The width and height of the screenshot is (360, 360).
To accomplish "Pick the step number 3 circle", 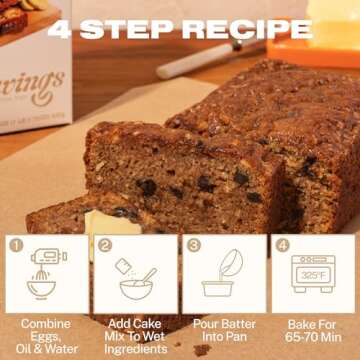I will point(193,243).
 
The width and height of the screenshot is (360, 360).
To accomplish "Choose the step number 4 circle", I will point(281,243).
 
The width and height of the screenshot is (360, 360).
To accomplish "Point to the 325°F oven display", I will point(315,271).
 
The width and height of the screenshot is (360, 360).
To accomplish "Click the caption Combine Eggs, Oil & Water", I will point(45,337).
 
